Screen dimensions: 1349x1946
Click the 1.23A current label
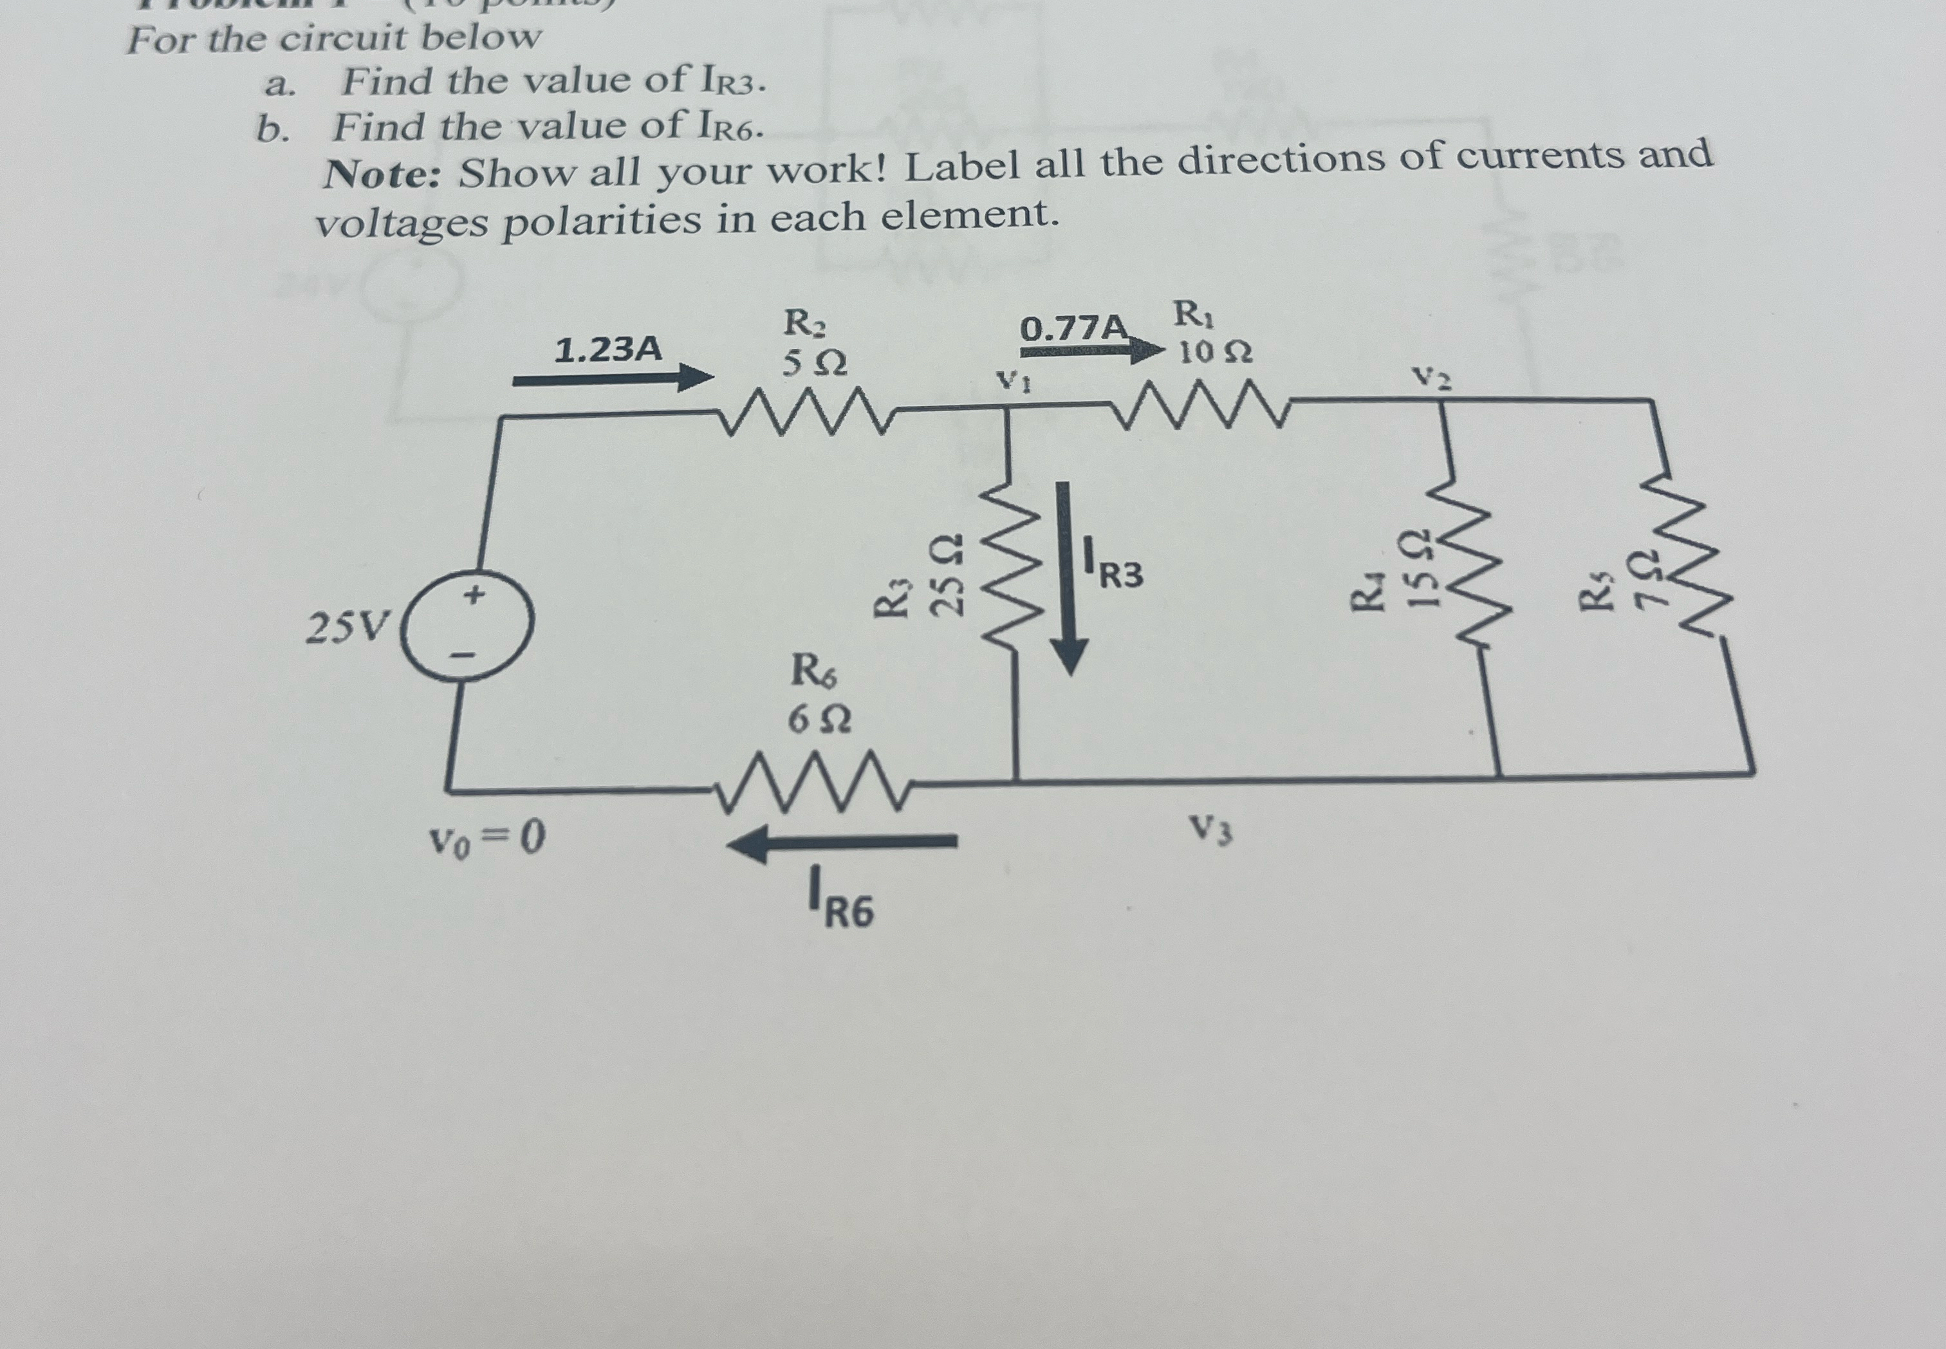(x=607, y=349)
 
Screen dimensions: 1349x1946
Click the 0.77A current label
(x=1073, y=329)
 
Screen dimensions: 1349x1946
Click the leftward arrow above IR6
(x=842, y=842)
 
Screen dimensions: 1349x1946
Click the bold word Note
(x=383, y=176)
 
